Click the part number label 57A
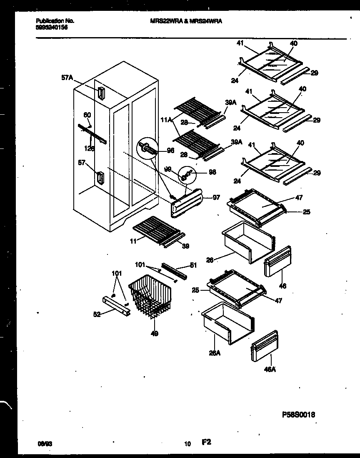(67, 77)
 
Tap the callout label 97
(216, 197)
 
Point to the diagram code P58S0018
(298, 415)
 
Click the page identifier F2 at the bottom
(207, 442)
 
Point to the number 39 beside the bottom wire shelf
(185, 246)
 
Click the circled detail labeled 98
(186, 175)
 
